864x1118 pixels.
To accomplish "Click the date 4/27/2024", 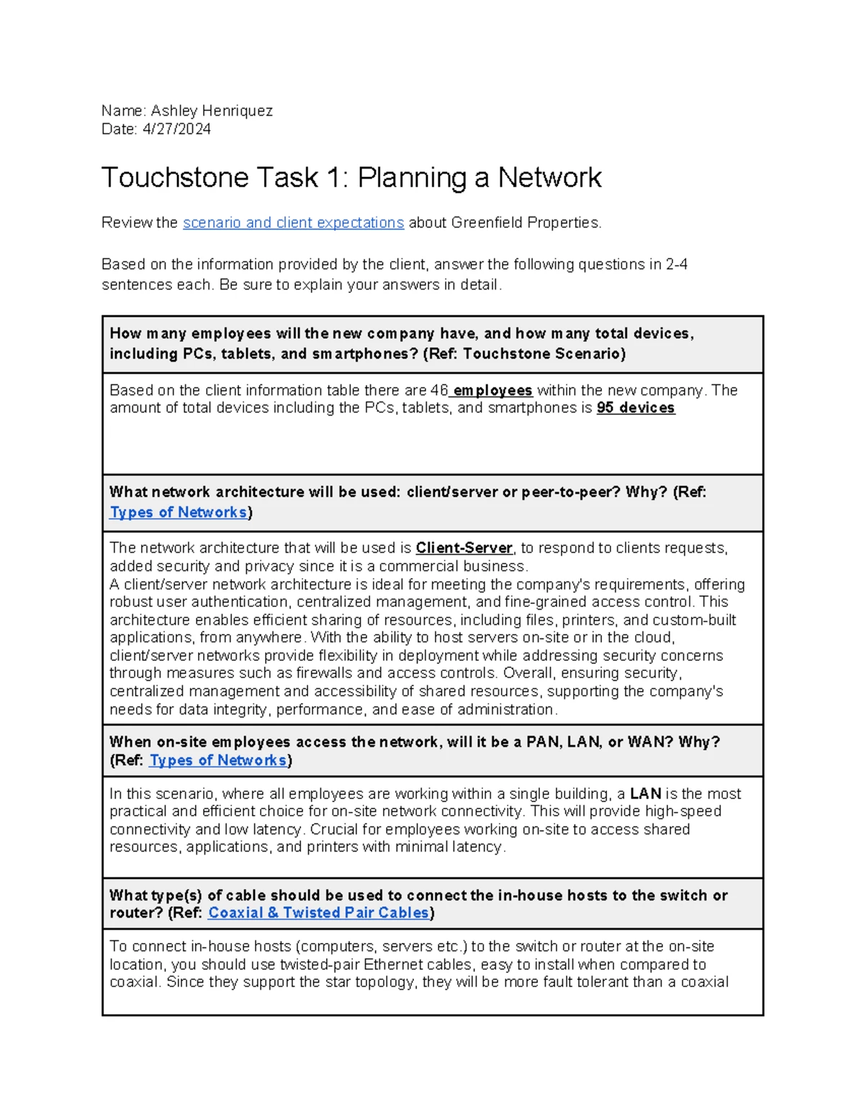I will (x=176, y=130).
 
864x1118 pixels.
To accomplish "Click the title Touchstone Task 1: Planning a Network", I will (x=351, y=178).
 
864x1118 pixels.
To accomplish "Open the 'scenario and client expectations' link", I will (x=293, y=223).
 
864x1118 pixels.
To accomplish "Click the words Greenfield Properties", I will (x=525, y=223).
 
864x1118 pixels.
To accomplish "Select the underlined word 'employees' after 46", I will (x=492, y=391).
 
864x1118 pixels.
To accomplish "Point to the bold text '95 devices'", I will (x=636, y=408).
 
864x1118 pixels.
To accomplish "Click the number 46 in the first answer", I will (x=438, y=391).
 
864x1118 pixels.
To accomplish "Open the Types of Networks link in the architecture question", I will (x=178, y=513).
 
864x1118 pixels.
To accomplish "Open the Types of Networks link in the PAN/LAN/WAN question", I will (x=217, y=761).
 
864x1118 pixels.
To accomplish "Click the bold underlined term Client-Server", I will (x=464, y=549).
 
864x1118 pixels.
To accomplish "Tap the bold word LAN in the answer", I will (x=645, y=794).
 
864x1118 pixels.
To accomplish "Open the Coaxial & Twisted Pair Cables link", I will (x=318, y=913).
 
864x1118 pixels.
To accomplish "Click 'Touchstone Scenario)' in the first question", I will (x=544, y=354).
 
